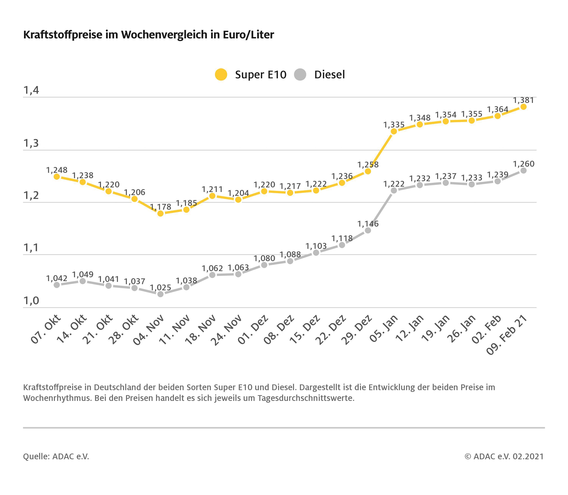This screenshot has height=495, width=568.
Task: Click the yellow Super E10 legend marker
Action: coord(221,74)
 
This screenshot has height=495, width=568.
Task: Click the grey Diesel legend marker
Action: coord(300,74)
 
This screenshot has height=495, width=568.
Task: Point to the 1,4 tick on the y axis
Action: coord(31,90)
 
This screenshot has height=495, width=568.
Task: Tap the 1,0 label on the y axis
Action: coord(31,300)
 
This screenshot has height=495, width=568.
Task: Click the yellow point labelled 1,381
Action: coord(523,107)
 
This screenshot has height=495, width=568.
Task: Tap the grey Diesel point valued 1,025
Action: coord(160,294)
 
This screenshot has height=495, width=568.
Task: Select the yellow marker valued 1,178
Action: coord(160,214)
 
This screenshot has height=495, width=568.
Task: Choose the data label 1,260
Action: coord(523,164)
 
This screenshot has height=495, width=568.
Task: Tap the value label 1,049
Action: coord(83,275)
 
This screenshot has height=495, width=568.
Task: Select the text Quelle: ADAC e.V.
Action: coord(56,456)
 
